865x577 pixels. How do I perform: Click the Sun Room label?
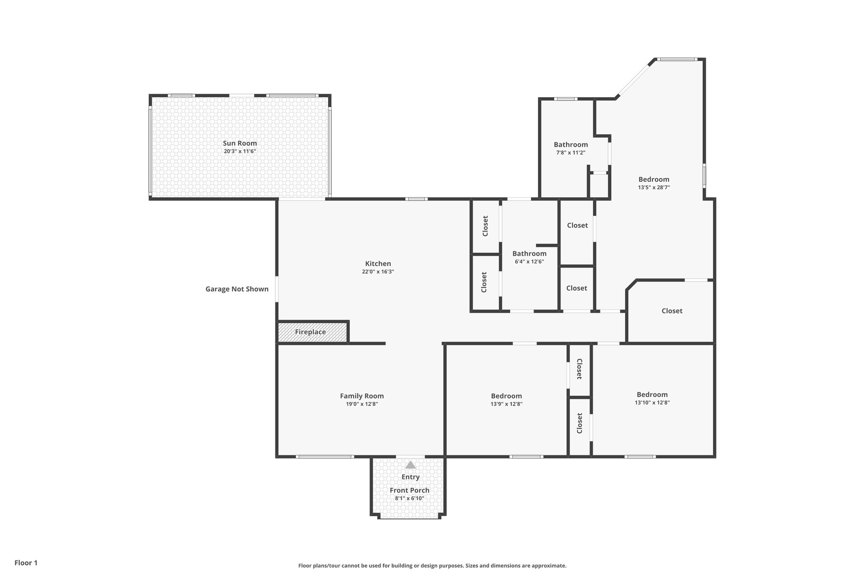pos(240,143)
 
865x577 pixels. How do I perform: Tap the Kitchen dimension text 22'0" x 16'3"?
pos(378,272)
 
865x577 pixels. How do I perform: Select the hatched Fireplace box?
pos(312,332)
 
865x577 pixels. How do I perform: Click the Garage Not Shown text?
pos(237,289)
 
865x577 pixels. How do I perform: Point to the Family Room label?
pos(362,396)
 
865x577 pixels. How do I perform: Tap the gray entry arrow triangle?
pos(411,465)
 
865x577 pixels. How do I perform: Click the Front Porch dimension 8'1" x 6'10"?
pos(410,498)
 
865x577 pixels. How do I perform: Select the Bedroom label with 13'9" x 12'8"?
pos(506,396)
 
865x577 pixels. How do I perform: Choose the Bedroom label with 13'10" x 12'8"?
pos(652,394)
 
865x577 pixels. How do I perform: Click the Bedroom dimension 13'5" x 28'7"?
pos(654,187)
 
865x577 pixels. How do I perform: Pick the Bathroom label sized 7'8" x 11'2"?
pos(571,145)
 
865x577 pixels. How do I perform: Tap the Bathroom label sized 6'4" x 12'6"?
pos(529,254)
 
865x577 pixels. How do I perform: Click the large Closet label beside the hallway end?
pos(672,311)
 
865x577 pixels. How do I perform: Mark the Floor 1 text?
pos(26,563)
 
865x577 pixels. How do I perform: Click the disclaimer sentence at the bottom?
pos(432,566)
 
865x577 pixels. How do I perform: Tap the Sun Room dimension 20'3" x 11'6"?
pos(240,151)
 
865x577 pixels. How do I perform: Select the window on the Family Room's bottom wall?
pos(324,457)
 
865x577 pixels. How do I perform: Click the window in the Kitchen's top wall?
pos(416,199)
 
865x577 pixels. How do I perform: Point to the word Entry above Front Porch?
pos(411,477)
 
